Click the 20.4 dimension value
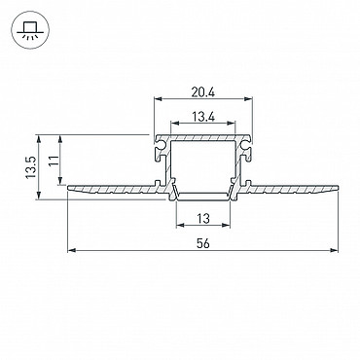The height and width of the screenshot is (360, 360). pos(203,92)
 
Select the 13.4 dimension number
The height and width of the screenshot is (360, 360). pos(203,117)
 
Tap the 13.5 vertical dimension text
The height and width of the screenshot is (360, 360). pos(31,167)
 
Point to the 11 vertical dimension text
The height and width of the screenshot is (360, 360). pos(54,161)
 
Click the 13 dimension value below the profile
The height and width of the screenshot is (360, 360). pos(203,219)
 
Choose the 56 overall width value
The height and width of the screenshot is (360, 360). pos(203,243)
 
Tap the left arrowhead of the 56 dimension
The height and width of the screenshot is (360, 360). pos(71,250)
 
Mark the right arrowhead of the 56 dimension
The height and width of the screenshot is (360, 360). pos(334,250)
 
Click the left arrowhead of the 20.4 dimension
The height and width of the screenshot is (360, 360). pos(158,98)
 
